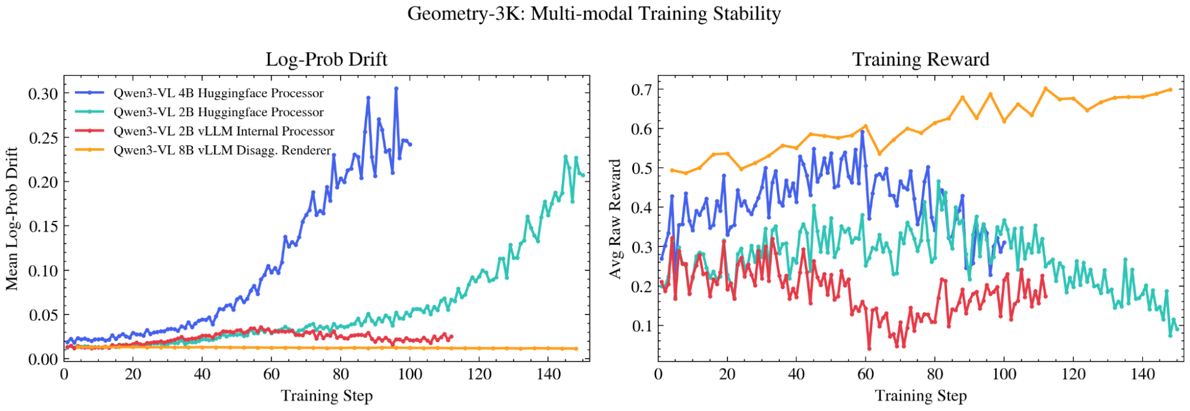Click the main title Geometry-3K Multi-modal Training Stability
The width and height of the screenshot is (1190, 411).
click(594, 13)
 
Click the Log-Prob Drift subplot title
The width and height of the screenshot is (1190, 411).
click(326, 59)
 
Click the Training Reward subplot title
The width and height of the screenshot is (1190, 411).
click(920, 59)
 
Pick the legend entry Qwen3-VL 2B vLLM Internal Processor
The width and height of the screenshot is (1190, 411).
click(224, 131)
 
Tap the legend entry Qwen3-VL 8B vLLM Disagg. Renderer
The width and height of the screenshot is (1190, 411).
click(222, 150)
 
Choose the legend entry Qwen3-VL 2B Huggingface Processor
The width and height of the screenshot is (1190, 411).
click(218, 112)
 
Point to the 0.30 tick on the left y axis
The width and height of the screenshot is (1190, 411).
click(43, 94)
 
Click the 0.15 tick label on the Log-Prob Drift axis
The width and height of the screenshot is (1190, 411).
click(43, 226)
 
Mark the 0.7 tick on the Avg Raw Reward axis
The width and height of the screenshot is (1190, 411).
click(641, 90)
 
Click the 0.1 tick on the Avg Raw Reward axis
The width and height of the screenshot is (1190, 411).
click(641, 326)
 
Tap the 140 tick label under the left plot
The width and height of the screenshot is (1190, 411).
click(548, 374)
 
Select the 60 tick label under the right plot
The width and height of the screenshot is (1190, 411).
click(866, 374)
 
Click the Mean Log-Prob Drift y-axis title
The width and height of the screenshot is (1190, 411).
click(12, 219)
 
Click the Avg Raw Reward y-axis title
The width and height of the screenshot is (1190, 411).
click(615, 219)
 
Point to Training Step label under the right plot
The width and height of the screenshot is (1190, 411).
click(920, 396)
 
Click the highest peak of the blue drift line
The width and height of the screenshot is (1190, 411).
click(396, 88)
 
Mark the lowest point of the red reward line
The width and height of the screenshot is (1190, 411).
click(869, 348)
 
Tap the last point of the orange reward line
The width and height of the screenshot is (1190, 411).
click(1170, 90)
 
